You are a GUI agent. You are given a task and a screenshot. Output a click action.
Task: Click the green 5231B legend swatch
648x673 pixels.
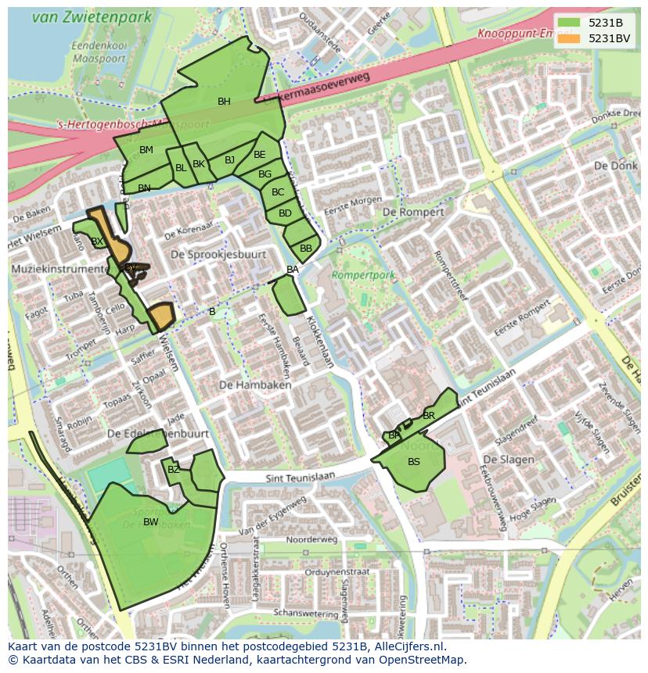click(x=569, y=22)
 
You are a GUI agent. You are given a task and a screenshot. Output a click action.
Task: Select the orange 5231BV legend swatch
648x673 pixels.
click(x=569, y=38)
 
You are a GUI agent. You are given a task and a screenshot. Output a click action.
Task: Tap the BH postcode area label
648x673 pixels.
click(x=224, y=102)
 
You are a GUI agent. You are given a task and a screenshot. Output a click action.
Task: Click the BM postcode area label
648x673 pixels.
click(x=146, y=150)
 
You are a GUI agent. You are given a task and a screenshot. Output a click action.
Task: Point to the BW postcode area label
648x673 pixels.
click(x=151, y=522)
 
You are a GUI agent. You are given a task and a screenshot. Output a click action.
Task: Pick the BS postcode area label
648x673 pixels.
click(x=414, y=462)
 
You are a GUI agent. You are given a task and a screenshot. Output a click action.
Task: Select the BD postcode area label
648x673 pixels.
click(x=285, y=213)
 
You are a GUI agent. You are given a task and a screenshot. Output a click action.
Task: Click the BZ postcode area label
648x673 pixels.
click(x=174, y=470)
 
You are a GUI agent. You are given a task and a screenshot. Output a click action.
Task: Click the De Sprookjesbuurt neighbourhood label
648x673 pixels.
click(x=218, y=255)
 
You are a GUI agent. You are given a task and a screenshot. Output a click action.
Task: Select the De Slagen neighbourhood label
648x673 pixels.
click(x=509, y=460)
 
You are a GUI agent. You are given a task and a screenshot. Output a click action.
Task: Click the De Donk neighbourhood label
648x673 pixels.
click(x=610, y=166)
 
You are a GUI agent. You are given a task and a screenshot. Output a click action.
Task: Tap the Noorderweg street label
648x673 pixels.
click(x=311, y=539)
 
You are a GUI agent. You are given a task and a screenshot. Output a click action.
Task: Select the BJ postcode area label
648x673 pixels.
click(x=229, y=160)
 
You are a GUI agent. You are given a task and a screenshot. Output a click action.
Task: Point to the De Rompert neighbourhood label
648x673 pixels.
click(x=413, y=212)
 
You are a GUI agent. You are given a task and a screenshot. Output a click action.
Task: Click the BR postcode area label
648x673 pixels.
click(x=429, y=416)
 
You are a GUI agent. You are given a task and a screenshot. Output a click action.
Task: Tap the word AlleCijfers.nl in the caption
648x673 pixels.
click(x=407, y=646)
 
